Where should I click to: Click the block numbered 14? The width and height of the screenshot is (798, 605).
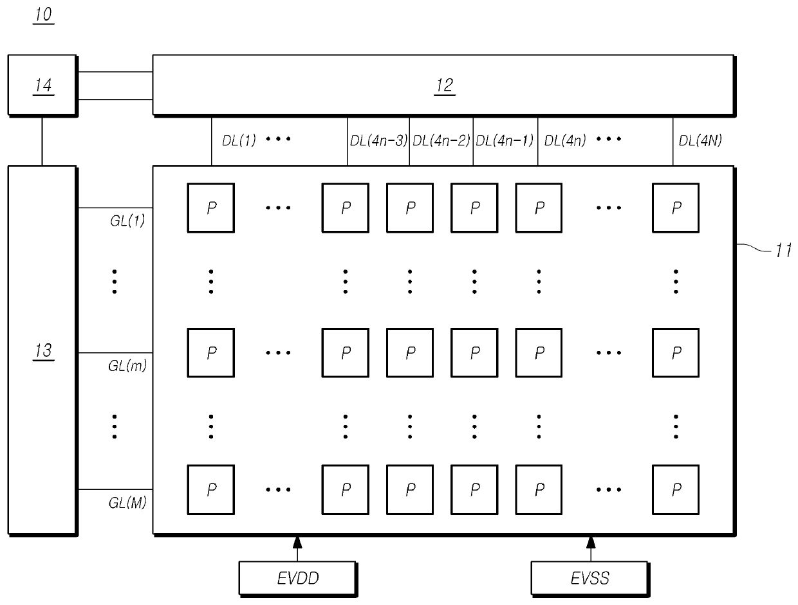click(42, 86)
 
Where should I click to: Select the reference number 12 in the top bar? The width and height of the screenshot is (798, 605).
click(444, 86)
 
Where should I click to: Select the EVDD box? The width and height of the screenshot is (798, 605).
click(297, 578)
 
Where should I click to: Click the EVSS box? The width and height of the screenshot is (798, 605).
click(591, 578)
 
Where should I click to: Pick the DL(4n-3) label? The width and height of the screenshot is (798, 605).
click(378, 141)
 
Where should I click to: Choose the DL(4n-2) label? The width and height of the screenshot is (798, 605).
click(441, 141)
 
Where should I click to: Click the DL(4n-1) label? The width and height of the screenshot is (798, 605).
click(505, 141)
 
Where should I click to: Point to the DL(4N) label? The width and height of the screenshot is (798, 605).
click(701, 141)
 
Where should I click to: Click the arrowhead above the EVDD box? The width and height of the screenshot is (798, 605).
click(297, 541)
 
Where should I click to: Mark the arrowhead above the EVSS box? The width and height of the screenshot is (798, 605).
click(591, 541)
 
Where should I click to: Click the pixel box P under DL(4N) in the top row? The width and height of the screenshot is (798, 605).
click(676, 208)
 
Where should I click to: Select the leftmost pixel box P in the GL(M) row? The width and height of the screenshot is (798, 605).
click(211, 489)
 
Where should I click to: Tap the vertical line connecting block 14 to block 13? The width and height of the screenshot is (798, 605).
click(42, 141)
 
